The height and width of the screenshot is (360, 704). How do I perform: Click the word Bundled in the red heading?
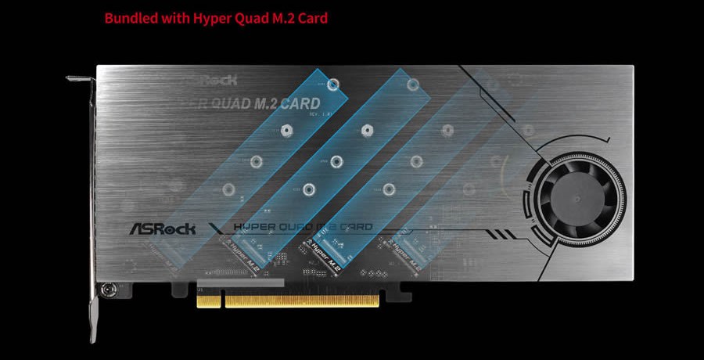[x=130, y=17]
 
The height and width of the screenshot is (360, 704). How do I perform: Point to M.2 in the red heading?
[x=278, y=17]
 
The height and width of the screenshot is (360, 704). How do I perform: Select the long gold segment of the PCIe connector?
[x=300, y=299]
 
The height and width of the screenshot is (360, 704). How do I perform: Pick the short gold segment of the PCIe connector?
[x=209, y=299]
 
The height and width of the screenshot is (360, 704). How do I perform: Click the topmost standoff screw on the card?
[x=334, y=82]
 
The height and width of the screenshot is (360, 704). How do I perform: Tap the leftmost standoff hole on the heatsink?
[x=229, y=189]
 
